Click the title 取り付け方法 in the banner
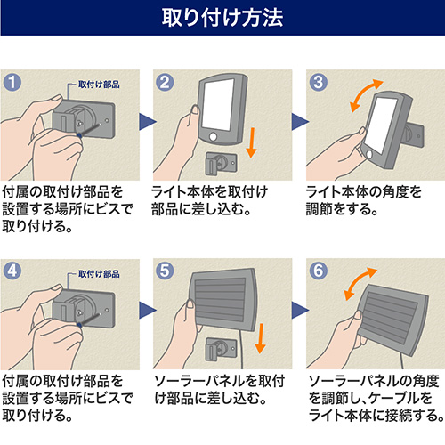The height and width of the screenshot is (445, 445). [x=222, y=18]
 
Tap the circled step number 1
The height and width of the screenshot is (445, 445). [x=12, y=82]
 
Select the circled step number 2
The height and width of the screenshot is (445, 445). [x=165, y=82]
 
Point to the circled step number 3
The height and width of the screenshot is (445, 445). [x=319, y=82]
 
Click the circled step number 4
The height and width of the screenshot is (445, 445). [x=12, y=271]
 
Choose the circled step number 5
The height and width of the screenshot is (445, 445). [x=165, y=271]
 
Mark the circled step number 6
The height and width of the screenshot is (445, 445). [x=319, y=271]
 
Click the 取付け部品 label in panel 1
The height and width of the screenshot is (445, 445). [x=99, y=85]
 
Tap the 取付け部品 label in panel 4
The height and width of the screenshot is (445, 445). [x=99, y=274]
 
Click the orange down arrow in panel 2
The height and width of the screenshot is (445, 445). [x=251, y=142]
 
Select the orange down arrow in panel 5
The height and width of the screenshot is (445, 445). [x=260, y=338]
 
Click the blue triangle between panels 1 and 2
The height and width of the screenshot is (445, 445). [x=148, y=122]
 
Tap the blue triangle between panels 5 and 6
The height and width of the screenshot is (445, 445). [x=300, y=311]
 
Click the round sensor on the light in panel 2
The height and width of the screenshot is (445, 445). [x=213, y=137]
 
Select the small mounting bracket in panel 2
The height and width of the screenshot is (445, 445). [x=221, y=164]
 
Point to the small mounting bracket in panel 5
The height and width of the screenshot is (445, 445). [x=221, y=349]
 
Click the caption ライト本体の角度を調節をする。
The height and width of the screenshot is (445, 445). [x=363, y=200]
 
